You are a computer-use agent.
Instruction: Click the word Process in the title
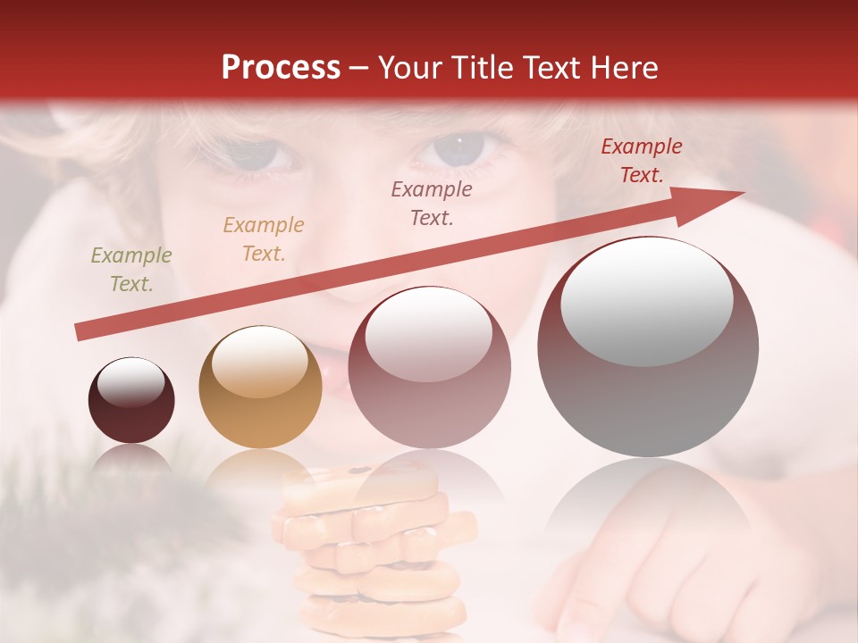pos(281,68)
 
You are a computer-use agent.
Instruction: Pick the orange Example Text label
pos(264,239)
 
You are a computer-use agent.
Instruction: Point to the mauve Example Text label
pos(432,203)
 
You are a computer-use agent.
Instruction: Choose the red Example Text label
pos(641,161)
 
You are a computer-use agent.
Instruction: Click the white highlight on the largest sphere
pos(647,299)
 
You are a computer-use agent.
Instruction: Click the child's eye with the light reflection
pos(459,146)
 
